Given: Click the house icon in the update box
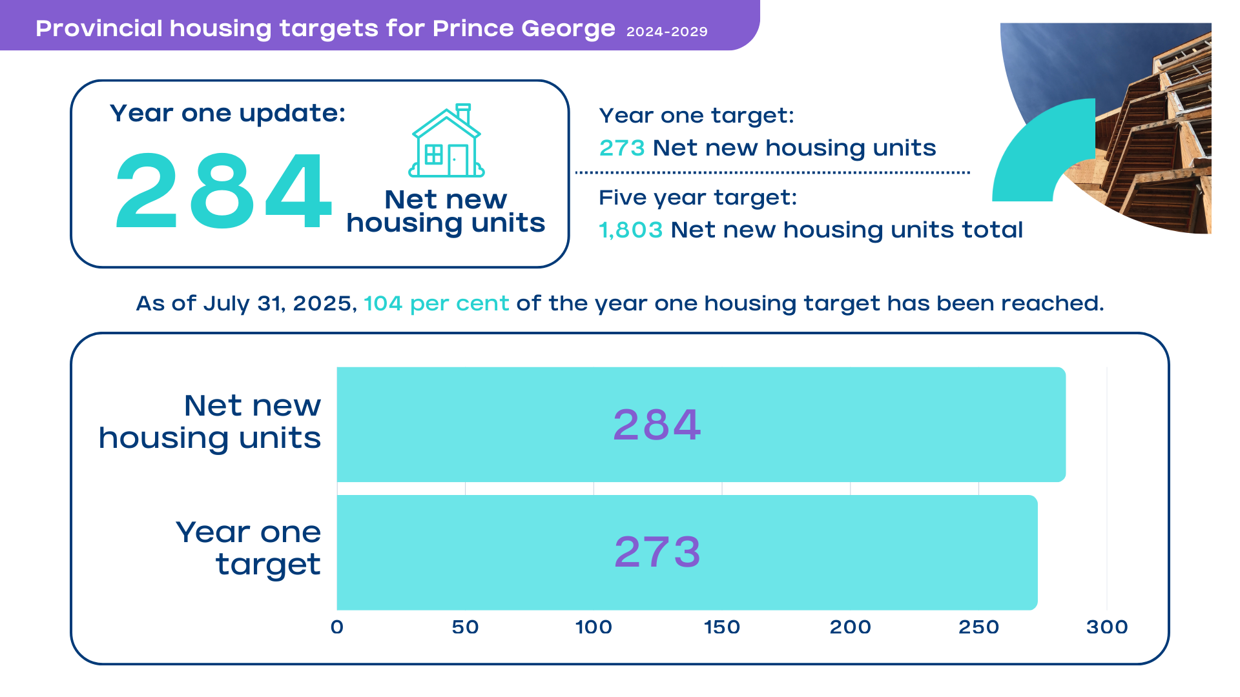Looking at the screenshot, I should tap(446, 142).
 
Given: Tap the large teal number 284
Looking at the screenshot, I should tap(223, 191).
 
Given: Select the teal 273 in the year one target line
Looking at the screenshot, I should tap(621, 148).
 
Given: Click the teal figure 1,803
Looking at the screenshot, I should tap(630, 230).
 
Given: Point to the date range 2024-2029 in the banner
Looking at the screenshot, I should tap(666, 32).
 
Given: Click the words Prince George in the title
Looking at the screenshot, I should tap(524, 28).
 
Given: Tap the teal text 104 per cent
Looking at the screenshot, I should tap(436, 303).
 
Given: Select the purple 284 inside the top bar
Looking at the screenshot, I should tap(657, 425).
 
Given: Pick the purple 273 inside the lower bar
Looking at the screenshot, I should tap(657, 552).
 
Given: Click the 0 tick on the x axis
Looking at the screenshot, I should tap(337, 627).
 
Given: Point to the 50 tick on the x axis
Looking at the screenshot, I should tap(465, 627).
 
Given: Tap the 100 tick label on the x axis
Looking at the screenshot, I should tap(594, 627).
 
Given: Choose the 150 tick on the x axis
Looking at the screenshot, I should tap(722, 627).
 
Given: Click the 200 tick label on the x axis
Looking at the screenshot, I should tap(850, 627).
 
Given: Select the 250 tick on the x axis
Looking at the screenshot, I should tap(978, 627).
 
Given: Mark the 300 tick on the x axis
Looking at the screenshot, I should tap(1107, 627).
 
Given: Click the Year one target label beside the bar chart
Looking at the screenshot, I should tap(249, 548).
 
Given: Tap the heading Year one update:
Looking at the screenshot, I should tap(227, 114).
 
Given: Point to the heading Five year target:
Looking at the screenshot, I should tap(697, 197).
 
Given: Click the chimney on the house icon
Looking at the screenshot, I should tap(463, 113).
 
